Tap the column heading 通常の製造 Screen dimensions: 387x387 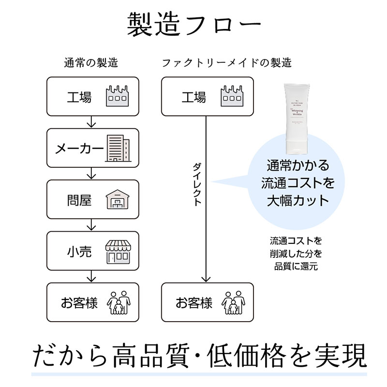click(x=91, y=63)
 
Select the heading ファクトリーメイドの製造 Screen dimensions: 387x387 click(x=226, y=63)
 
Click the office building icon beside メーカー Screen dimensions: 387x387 click(x=118, y=148)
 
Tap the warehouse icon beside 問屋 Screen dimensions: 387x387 click(x=118, y=199)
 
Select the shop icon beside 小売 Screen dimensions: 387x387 click(x=118, y=251)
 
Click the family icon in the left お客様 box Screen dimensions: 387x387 click(x=118, y=302)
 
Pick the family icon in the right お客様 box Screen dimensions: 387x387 click(x=233, y=302)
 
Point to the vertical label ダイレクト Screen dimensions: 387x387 click(x=197, y=184)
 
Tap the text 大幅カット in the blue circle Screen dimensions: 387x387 click(x=298, y=199)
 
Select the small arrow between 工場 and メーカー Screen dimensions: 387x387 click(x=92, y=122)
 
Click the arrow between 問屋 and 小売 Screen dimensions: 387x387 click(x=92, y=225)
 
